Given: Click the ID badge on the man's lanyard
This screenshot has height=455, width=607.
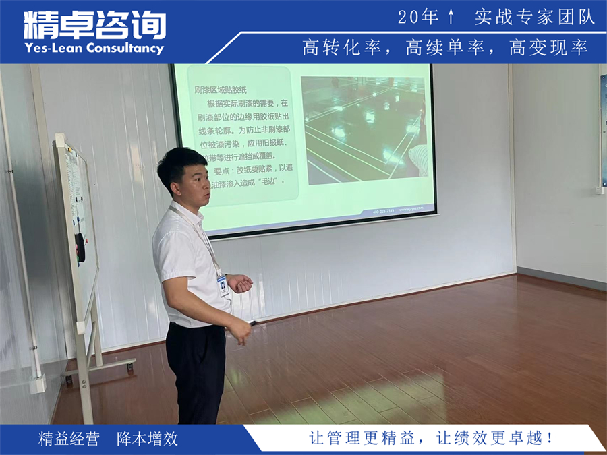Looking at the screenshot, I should point(223,285).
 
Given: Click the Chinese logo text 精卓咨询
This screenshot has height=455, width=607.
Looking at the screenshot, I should point(94,26).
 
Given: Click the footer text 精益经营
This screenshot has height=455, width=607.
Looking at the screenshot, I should point(69,439).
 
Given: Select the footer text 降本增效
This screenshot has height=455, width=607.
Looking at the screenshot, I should point(147,439).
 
